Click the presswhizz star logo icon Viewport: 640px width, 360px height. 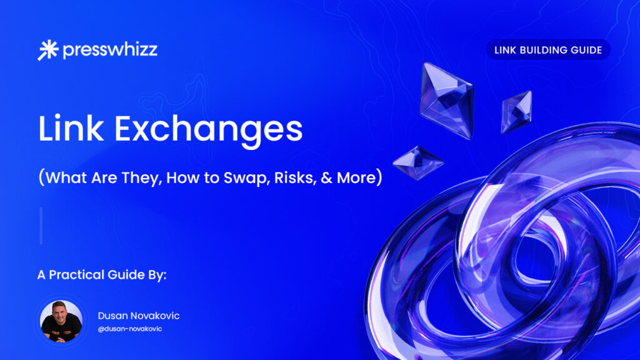[48, 50]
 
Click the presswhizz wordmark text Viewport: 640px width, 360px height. [110, 50]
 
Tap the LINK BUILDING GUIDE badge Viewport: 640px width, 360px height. [548, 50]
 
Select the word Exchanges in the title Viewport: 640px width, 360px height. [209, 131]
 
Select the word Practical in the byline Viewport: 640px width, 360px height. [77, 275]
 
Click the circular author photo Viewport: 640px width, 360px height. [61, 321]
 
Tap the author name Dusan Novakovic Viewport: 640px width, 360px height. [139, 316]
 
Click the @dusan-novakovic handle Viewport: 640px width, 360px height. [130, 329]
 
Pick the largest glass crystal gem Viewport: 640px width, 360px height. [447, 100]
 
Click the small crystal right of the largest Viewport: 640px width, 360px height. [517, 112]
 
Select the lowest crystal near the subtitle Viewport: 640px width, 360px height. [418, 163]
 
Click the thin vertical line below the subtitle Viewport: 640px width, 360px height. [41, 226]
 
